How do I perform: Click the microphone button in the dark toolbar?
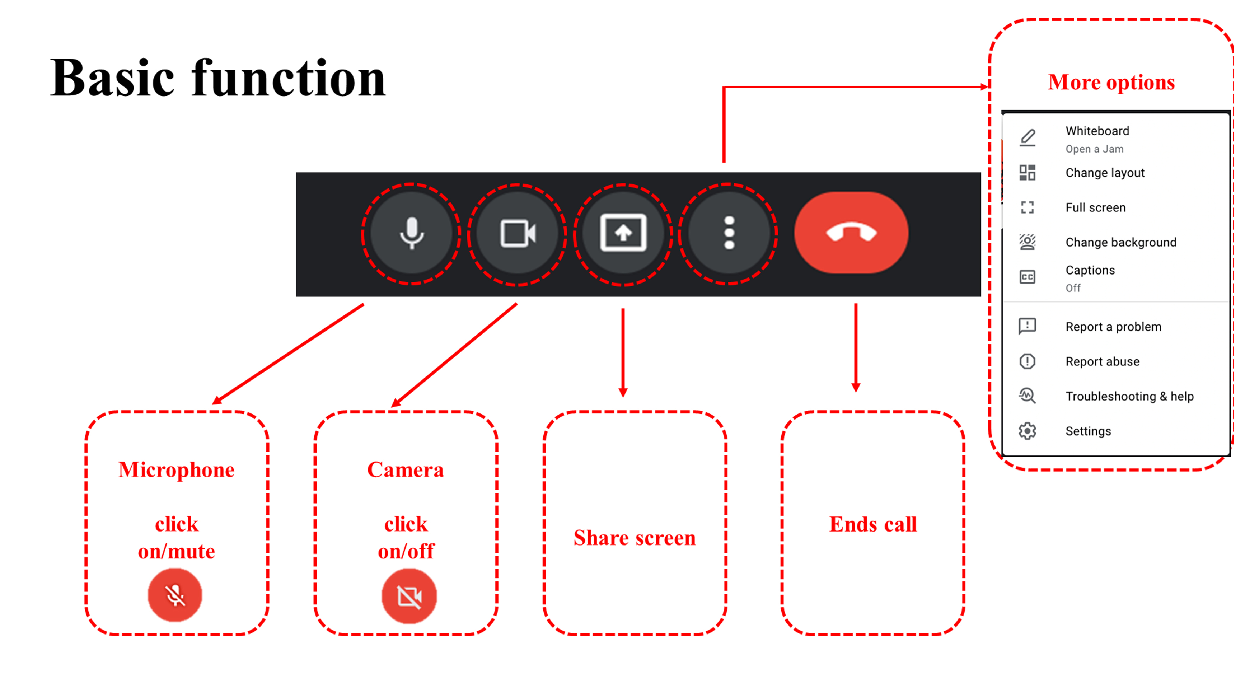tap(412, 233)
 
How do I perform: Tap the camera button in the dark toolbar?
tap(518, 233)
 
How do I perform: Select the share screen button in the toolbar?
tap(623, 233)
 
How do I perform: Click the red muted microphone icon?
tap(175, 595)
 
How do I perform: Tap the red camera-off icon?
tap(409, 596)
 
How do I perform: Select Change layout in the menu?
tap(1105, 173)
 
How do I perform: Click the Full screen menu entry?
tap(1095, 208)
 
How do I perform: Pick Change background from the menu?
tap(1121, 243)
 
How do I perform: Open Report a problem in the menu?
tap(1113, 327)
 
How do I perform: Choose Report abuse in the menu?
tap(1102, 362)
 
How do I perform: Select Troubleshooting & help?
tap(1129, 397)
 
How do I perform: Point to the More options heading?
tap(1111, 82)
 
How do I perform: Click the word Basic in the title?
tap(112, 78)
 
